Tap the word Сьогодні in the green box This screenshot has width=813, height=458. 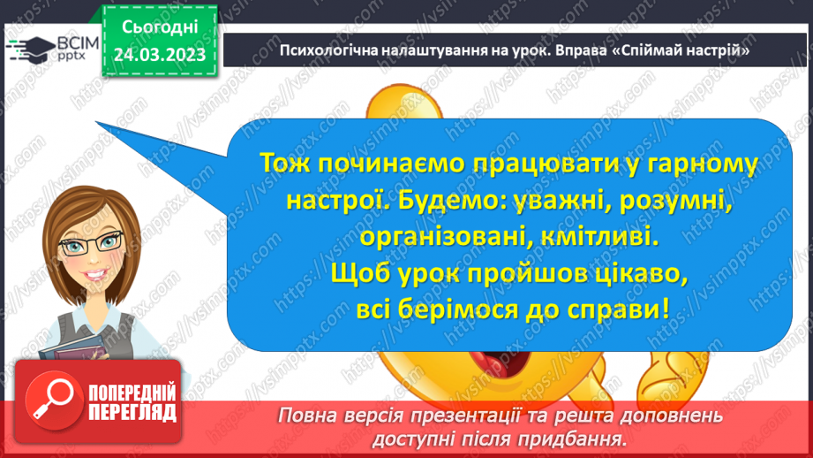(159, 28)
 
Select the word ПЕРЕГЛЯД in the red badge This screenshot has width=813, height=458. (133, 411)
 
